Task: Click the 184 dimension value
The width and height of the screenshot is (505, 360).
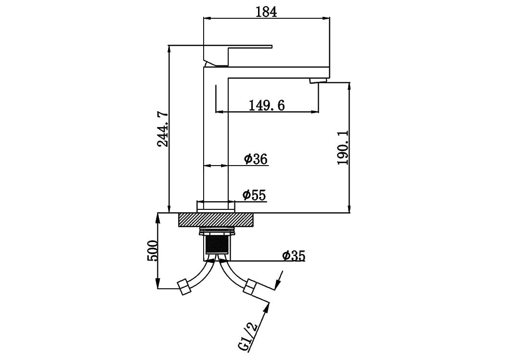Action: [266, 12]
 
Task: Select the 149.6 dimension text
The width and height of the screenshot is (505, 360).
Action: [267, 105]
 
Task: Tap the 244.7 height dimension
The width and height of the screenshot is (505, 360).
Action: [163, 129]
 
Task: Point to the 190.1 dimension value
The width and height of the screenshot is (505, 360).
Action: [343, 147]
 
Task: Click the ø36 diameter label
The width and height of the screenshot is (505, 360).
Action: [256, 159]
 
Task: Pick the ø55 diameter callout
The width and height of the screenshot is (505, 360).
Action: [254, 195]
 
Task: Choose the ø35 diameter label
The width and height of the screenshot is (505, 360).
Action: [293, 256]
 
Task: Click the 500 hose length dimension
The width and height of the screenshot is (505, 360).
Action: [152, 251]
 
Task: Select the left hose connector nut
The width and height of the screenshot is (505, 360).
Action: [184, 287]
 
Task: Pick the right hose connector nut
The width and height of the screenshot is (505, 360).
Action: [250, 287]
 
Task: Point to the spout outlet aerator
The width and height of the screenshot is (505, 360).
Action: [318, 80]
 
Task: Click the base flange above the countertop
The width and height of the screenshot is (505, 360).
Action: [216, 206]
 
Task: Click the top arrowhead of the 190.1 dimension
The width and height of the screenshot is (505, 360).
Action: [349, 88]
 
